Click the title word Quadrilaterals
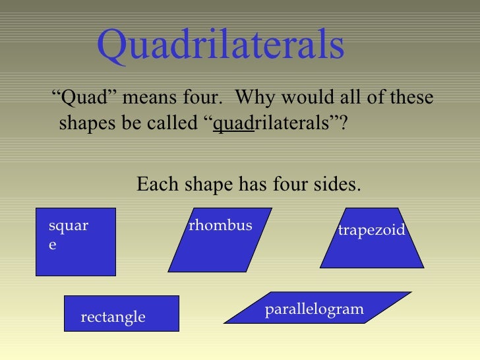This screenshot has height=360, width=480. pos(220,45)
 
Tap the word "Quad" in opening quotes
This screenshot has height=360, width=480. pos(84,98)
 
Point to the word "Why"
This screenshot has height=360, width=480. pos(254,98)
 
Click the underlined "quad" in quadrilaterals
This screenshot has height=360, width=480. pos(233,124)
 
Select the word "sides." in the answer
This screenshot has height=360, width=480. pos(334,185)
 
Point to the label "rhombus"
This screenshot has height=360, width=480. pos(220,225)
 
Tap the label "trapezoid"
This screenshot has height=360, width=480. pos(371,229)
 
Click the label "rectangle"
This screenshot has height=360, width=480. pos(113,317)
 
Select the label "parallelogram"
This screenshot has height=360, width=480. pos(314,309)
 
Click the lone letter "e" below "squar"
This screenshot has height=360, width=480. pos(53,244)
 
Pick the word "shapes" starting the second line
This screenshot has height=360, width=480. pos(87,123)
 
